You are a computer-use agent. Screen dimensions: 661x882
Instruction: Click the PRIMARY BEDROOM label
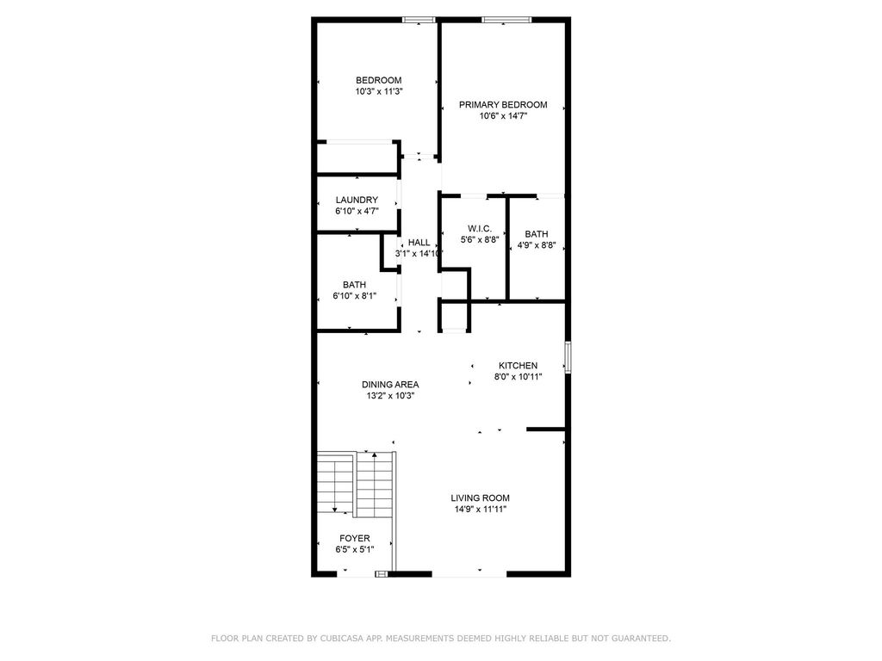tap(502, 105)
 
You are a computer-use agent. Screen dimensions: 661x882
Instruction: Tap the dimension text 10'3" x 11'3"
tap(379, 91)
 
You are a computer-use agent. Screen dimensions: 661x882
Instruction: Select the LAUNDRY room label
tap(357, 200)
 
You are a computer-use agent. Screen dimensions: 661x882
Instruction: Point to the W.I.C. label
tap(480, 228)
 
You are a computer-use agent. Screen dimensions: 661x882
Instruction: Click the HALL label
tap(419, 243)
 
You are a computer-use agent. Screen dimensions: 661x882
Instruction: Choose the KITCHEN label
tap(517, 366)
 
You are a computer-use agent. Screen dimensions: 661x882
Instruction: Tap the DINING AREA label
tap(390, 385)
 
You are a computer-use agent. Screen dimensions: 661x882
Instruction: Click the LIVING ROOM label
tap(480, 497)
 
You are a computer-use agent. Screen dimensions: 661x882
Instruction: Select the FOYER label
tap(354, 538)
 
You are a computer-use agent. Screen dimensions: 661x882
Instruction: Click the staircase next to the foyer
tap(355, 485)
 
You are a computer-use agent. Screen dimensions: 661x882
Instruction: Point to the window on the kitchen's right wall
tap(567, 357)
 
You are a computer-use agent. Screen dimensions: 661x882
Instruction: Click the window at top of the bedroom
tap(419, 19)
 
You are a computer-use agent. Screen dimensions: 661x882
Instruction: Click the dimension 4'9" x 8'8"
tap(536, 244)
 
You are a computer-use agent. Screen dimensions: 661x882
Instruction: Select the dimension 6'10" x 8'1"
tap(354, 296)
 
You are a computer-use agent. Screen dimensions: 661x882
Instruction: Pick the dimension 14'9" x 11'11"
tap(480, 510)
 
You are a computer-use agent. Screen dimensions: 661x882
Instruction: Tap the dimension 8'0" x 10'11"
tap(517, 377)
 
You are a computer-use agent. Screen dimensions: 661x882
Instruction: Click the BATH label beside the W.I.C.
tap(536, 233)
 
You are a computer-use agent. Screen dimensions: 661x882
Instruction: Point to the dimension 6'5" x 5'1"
tap(354, 549)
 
